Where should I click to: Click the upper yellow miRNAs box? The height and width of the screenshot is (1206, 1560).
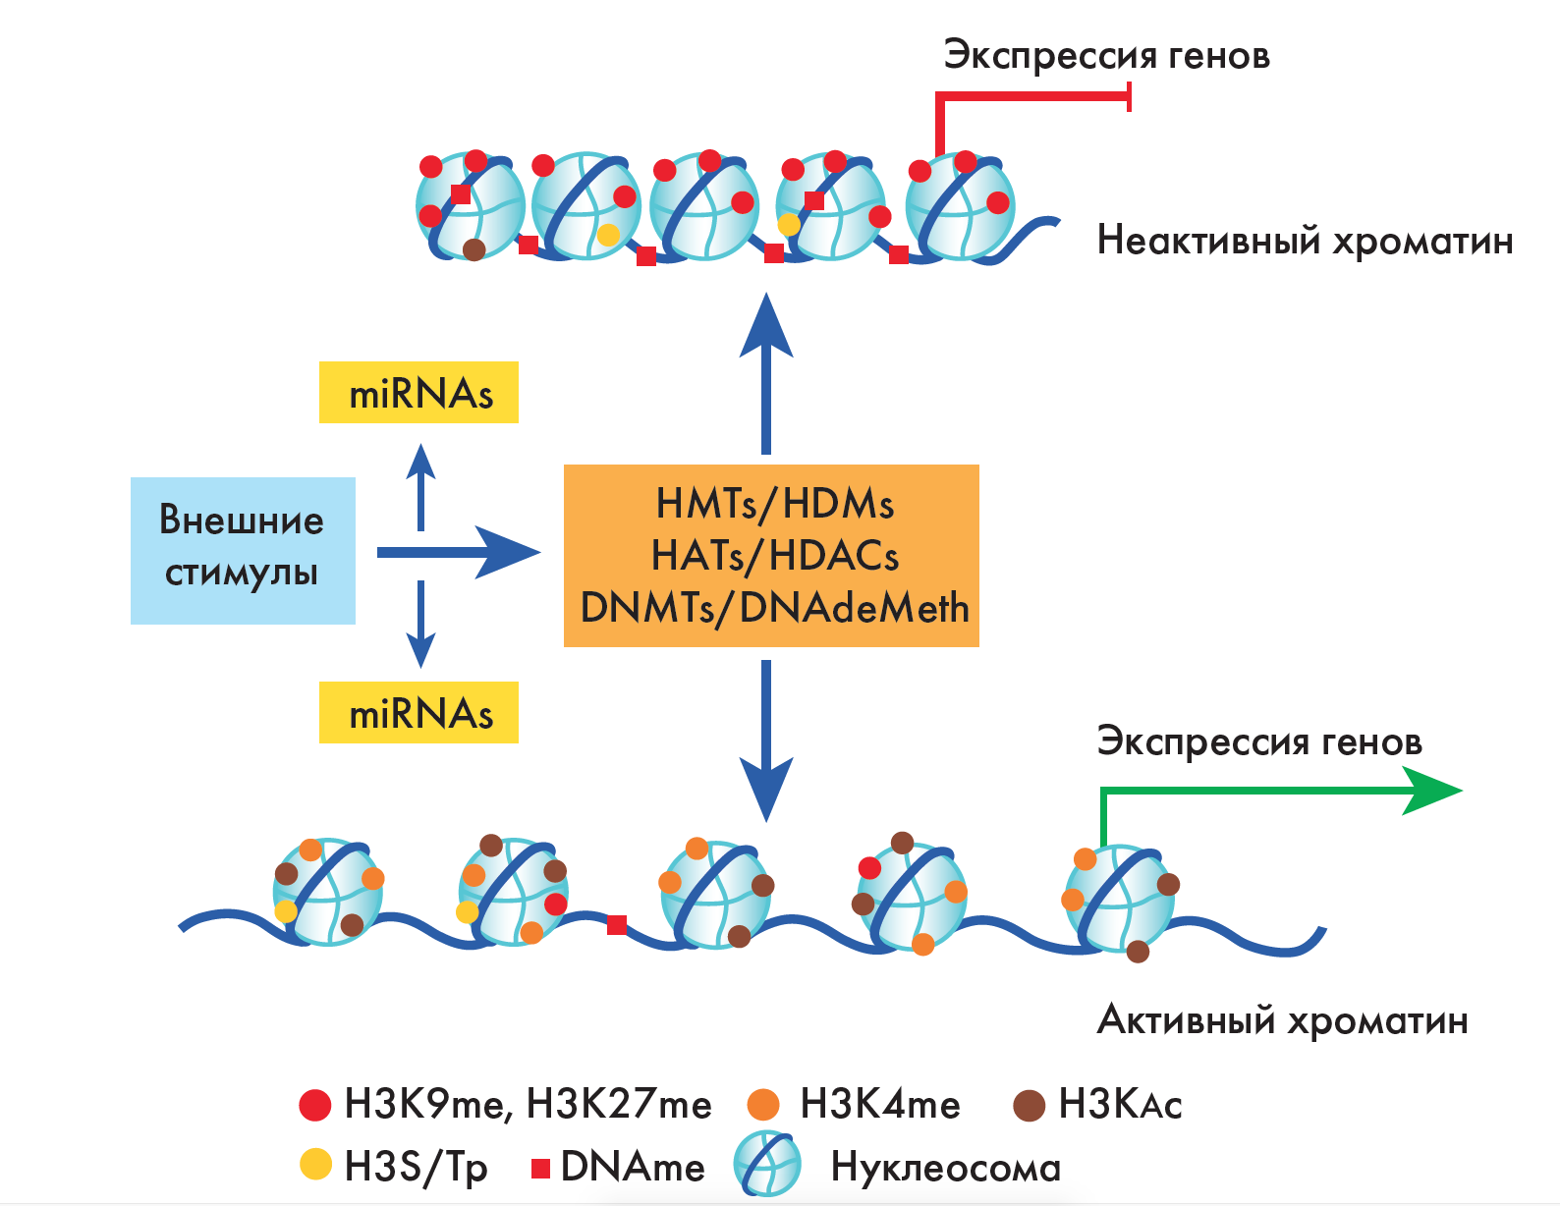pyautogui.click(x=418, y=393)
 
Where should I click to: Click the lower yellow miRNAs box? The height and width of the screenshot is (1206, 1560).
pyautogui.click(x=418, y=713)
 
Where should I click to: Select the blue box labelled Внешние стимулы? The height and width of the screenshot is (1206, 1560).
pyautogui.click(x=243, y=550)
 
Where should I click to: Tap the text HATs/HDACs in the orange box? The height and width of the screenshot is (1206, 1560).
pyautogui.click(x=774, y=556)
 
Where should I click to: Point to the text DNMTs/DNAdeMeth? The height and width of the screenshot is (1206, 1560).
pyautogui.click(x=774, y=608)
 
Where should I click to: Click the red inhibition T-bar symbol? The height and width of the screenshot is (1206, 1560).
pyautogui.click(x=1129, y=96)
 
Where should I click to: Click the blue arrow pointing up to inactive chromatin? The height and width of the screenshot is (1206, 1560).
pyautogui.click(x=766, y=373)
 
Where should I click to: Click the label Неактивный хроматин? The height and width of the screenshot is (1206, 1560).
pyautogui.click(x=1305, y=241)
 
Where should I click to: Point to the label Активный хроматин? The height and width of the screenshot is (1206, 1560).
pyautogui.click(x=1282, y=1020)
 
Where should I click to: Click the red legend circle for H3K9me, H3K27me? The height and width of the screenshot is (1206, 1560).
pyautogui.click(x=315, y=1105)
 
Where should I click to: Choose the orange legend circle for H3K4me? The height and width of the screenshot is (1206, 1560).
pyautogui.click(x=763, y=1105)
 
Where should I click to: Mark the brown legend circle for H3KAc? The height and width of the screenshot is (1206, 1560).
pyautogui.click(x=1029, y=1105)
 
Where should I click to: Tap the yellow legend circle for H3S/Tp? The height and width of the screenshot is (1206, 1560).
pyautogui.click(x=315, y=1165)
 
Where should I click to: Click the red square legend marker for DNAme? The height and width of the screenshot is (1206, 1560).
pyautogui.click(x=540, y=1168)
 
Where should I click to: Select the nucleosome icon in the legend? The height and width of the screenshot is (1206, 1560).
pyautogui.click(x=767, y=1165)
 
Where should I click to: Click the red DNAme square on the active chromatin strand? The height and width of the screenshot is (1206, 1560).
pyautogui.click(x=617, y=924)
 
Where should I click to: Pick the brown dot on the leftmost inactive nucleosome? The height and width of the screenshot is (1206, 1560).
pyautogui.click(x=474, y=249)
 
